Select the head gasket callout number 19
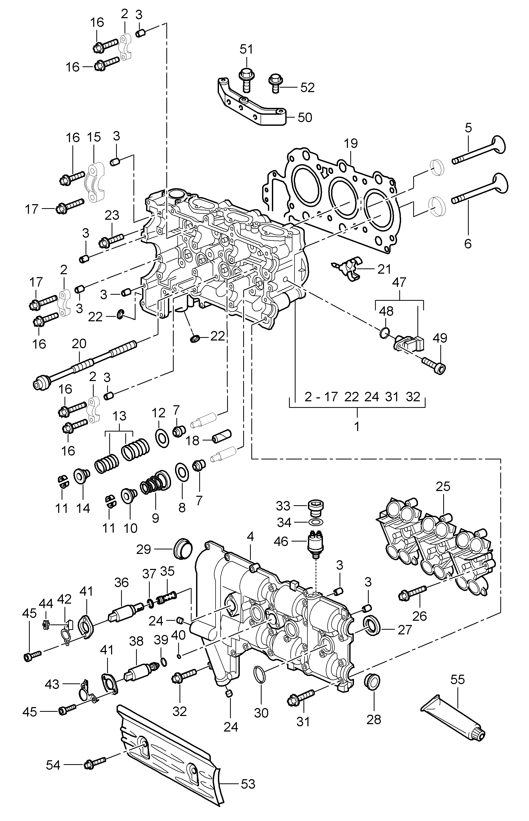pyautogui.click(x=351, y=143)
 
